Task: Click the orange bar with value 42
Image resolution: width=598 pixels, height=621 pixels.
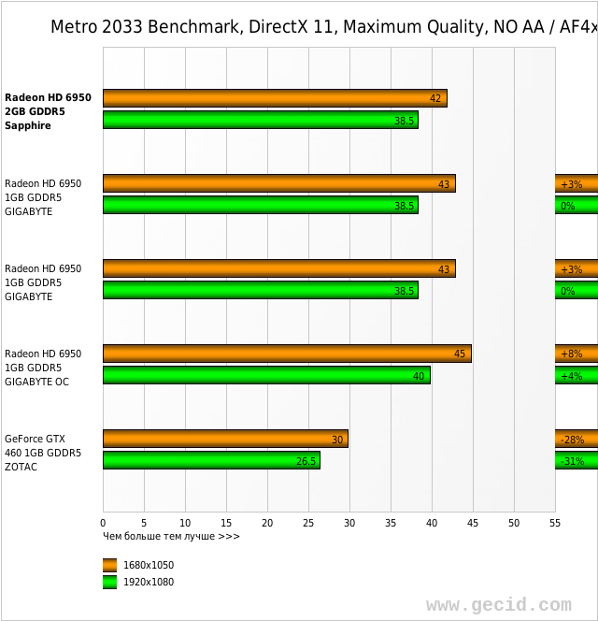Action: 275,98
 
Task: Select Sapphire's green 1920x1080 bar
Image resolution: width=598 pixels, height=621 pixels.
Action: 260,120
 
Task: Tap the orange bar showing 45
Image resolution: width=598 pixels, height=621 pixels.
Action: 287,354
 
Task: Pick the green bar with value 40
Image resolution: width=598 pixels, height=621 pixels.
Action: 266,375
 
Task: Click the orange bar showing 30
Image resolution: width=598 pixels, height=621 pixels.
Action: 225,439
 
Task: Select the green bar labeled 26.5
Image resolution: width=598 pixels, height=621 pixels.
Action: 211,460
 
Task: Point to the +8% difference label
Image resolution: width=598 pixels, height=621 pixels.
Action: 572,354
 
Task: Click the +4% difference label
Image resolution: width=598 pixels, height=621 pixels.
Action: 572,375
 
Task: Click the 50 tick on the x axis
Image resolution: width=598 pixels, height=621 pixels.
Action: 514,523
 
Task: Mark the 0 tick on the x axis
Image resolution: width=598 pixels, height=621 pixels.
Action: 103,523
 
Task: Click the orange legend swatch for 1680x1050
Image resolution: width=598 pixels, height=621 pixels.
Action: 110,565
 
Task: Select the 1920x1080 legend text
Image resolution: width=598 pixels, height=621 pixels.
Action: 149,582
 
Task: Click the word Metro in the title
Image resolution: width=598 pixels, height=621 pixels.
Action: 73,26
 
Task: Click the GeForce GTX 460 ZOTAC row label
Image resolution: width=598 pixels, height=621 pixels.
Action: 43,452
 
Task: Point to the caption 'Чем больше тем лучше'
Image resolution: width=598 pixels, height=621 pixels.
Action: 171,536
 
